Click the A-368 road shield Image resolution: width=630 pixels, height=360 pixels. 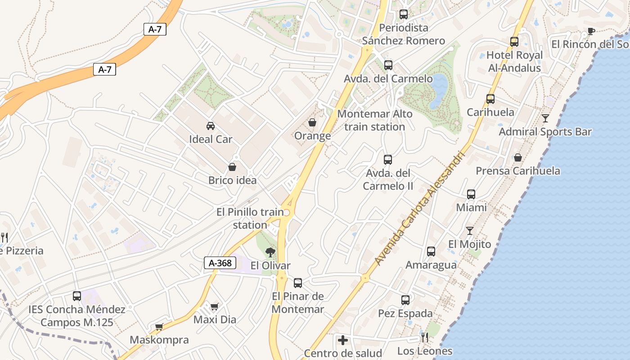pyautogui.click(x=220, y=263)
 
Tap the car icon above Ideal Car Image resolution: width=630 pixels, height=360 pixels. pyautogui.click(x=210, y=126)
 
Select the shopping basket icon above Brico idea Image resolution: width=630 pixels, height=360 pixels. pyautogui.click(x=232, y=167)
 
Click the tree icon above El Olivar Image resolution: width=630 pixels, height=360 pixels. pyautogui.click(x=270, y=252)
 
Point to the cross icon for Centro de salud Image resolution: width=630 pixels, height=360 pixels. pyautogui.click(x=343, y=340)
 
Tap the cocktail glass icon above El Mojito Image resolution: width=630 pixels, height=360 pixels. pyautogui.click(x=470, y=231)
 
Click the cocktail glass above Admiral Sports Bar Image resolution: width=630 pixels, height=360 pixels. pyautogui.click(x=545, y=118)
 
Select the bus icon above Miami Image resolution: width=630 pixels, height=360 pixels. pyautogui.click(x=471, y=194)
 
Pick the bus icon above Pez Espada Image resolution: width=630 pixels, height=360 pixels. pyautogui.click(x=405, y=300)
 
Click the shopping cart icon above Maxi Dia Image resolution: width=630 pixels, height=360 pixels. pyautogui.click(x=215, y=306)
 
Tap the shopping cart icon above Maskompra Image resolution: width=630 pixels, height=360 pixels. pyautogui.click(x=159, y=327)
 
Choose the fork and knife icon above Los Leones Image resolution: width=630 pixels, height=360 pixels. pyautogui.click(x=425, y=337)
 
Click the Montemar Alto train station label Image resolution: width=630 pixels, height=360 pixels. pyautogui.click(x=375, y=120)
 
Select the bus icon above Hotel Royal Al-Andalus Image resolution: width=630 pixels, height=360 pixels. pyautogui.click(x=514, y=42)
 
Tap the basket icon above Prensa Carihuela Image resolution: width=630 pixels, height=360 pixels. pyautogui.click(x=518, y=157)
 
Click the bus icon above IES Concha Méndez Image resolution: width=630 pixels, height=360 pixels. pyautogui.click(x=77, y=296)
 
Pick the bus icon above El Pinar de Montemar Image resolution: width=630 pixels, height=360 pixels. pyautogui.click(x=298, y=283)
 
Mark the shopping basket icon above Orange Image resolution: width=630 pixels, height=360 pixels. pyautogui.click(x=312, y=122)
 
